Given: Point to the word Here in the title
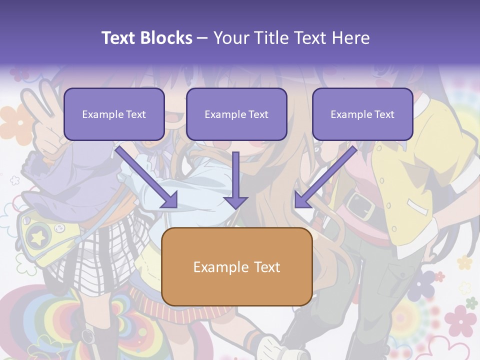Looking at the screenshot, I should coord(350,38).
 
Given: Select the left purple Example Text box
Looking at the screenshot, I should coord(114,114).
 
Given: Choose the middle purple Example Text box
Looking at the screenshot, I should coord(236,114).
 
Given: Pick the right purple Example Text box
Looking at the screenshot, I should coord(362,114).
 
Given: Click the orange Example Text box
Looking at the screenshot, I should coord(236,266).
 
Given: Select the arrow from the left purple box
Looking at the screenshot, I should coord(148,177).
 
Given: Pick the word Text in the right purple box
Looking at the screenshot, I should coord(384,114).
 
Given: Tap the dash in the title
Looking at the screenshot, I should coord(202,38).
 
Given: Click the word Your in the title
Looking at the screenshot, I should coord(231,38).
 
